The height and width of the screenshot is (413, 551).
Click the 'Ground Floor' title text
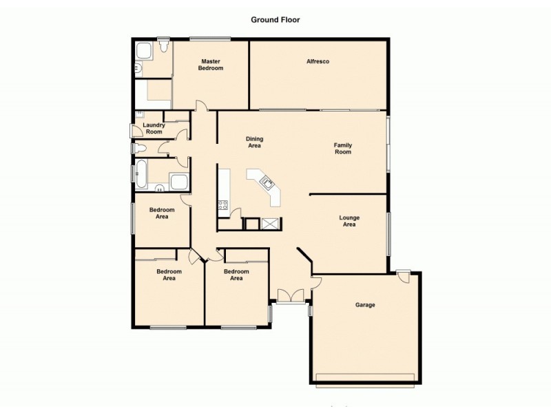coord(275,20)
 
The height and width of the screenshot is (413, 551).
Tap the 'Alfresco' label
coord(318,62)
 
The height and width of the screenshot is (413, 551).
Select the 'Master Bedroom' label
coord(211,65)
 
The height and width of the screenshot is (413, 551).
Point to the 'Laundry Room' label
coord(154,128)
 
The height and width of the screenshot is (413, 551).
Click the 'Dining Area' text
coord(254,142)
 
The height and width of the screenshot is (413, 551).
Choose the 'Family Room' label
coord(342,148)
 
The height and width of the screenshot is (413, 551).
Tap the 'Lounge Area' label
coord(349,221)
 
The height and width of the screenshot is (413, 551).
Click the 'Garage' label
coord(365,305)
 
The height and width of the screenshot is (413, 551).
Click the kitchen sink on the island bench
coord(267,182)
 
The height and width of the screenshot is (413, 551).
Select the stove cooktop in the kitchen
coord(223,204)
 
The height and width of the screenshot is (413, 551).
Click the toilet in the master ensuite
coord(164,47)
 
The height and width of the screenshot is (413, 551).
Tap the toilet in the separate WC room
coord(138,148)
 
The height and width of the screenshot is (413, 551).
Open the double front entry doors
coord(290,295)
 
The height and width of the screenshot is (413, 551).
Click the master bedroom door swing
coord(200,106)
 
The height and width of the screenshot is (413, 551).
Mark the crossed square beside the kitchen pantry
coord(270,224)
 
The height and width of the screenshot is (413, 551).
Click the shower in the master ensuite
coord(144,52)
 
